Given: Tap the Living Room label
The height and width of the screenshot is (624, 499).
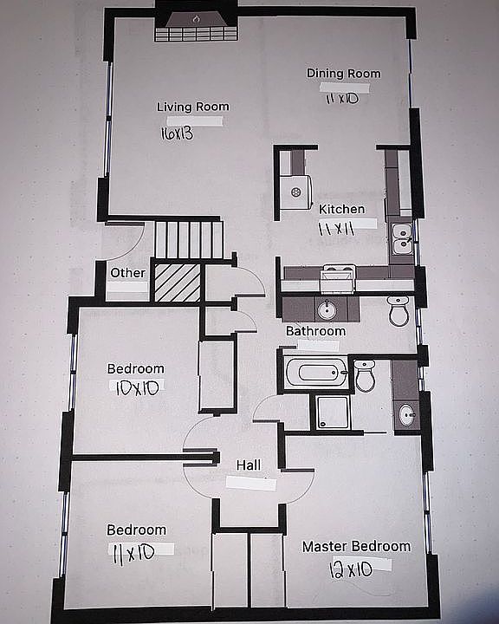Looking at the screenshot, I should click(192, 107).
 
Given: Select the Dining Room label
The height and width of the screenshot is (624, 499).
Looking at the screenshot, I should click(343, 74).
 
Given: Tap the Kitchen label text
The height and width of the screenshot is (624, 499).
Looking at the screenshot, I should click(341, 209).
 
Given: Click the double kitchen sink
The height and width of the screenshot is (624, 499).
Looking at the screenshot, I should click(401, 240).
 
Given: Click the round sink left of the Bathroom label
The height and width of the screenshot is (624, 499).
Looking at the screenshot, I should click(327, 309).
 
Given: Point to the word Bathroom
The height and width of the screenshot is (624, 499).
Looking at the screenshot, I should click(316, 331).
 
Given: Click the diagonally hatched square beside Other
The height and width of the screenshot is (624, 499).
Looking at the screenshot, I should click(176, 283).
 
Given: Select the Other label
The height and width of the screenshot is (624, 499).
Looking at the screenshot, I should click(128, 273).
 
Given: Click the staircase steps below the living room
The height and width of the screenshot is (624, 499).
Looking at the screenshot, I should click(189, 238).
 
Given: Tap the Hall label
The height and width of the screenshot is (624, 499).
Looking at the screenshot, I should click(249, 465).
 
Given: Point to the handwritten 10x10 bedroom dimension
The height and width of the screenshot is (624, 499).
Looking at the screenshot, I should click(136, 389).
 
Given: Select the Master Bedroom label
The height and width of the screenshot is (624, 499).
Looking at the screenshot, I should click(355, 546).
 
